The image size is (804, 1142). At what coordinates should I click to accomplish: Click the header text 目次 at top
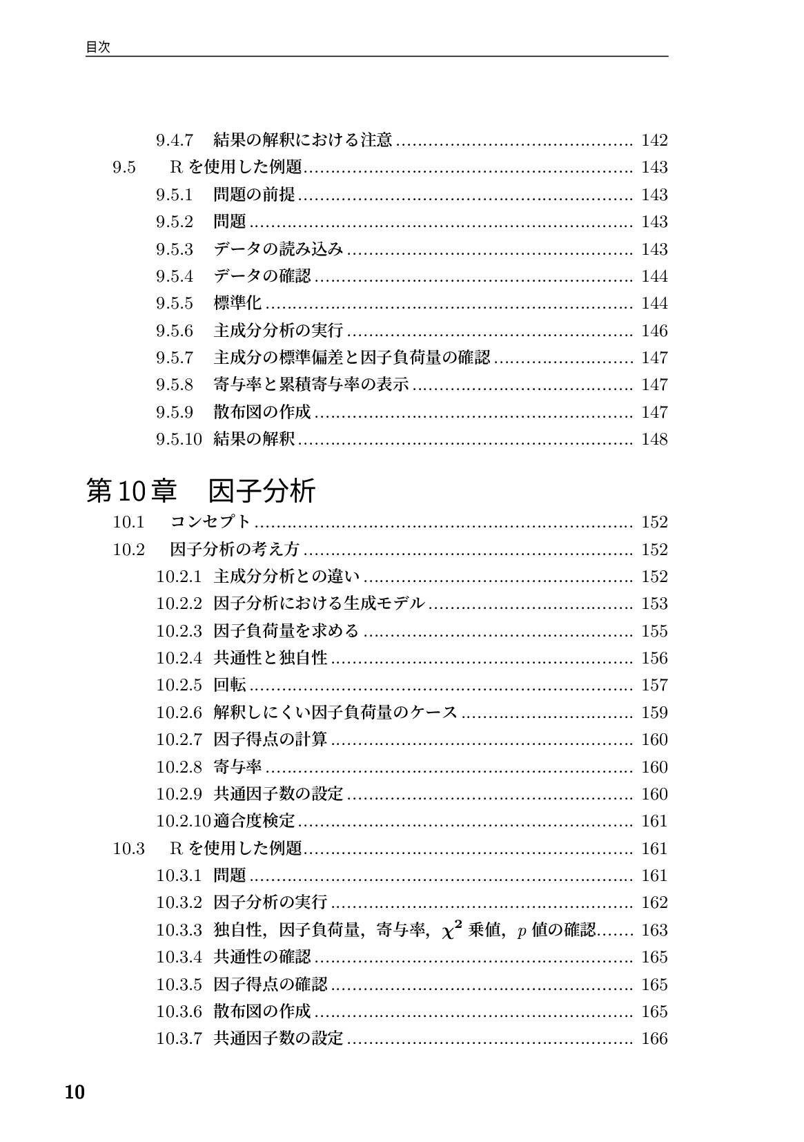coord(98,47)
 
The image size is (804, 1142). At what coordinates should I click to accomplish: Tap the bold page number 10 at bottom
coord(74,1093)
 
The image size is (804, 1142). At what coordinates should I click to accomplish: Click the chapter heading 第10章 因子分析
coord(201,490)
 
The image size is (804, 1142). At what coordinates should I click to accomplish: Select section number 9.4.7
coord(174,140)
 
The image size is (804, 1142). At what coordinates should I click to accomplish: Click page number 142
coord(654,140)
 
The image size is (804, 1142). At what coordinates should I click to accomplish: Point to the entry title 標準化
coord(238,303)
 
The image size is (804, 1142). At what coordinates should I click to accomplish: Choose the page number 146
coord(654,331)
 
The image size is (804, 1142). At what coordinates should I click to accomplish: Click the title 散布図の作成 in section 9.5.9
coord(262,412)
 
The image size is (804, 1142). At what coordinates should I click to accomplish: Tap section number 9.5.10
coord(179,439)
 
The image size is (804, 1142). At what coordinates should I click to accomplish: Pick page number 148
coord(654,439)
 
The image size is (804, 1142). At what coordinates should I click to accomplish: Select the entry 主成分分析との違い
coord(287,577)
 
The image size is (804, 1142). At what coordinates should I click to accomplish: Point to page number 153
coord(654,603)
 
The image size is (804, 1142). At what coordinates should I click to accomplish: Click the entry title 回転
coord(230,685)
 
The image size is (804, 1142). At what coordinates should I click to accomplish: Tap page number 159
coord(654,713)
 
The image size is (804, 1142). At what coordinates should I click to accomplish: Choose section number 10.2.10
coord(184,821)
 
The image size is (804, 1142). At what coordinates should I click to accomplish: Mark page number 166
coord(654,1038)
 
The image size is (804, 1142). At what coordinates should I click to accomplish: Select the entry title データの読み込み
coord(278,249)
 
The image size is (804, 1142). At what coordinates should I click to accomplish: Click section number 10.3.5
coord(179,984)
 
